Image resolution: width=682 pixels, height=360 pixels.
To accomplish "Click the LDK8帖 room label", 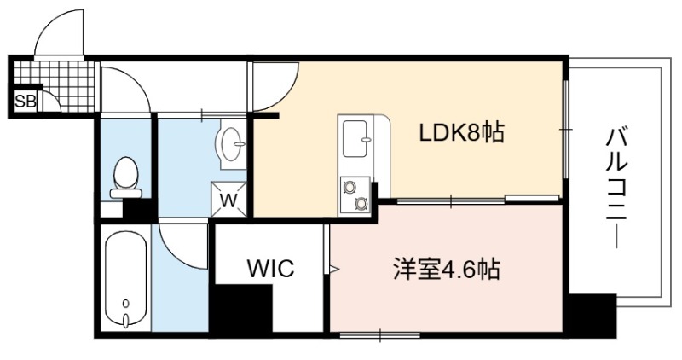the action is (461, 133).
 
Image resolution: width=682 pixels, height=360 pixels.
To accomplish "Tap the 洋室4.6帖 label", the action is (447, 269).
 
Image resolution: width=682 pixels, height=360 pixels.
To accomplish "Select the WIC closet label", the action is (270, 268).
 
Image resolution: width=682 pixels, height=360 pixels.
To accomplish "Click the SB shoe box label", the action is (26, 102).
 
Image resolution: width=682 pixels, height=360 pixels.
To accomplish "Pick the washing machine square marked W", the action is (228, 199).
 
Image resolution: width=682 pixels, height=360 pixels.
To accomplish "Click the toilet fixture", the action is (125, 177).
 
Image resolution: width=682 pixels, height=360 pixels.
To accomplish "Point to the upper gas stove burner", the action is (349, 188).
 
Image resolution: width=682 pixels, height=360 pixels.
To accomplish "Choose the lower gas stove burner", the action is (361, 203).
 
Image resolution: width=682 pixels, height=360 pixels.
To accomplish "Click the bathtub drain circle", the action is (126, 303).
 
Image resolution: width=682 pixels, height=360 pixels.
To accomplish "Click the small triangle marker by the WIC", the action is (334, 269).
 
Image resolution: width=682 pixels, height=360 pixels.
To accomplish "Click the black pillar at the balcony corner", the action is (592, 316).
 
